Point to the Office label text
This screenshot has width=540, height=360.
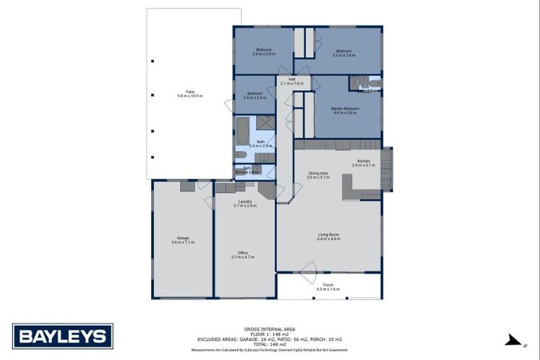243,252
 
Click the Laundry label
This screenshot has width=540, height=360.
245,201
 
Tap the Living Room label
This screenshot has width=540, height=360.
328,235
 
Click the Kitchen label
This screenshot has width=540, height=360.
364,161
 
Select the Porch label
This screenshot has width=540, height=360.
328,285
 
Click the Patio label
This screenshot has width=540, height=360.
190,91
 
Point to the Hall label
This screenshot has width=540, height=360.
291,79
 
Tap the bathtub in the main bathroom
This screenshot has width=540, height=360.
242,131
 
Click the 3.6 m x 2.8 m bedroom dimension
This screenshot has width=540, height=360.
264,54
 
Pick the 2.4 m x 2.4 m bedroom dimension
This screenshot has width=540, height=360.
255,98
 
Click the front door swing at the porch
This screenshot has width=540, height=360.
307,269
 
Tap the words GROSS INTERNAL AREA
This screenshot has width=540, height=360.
270,329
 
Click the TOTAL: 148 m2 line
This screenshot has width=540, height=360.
270,344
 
